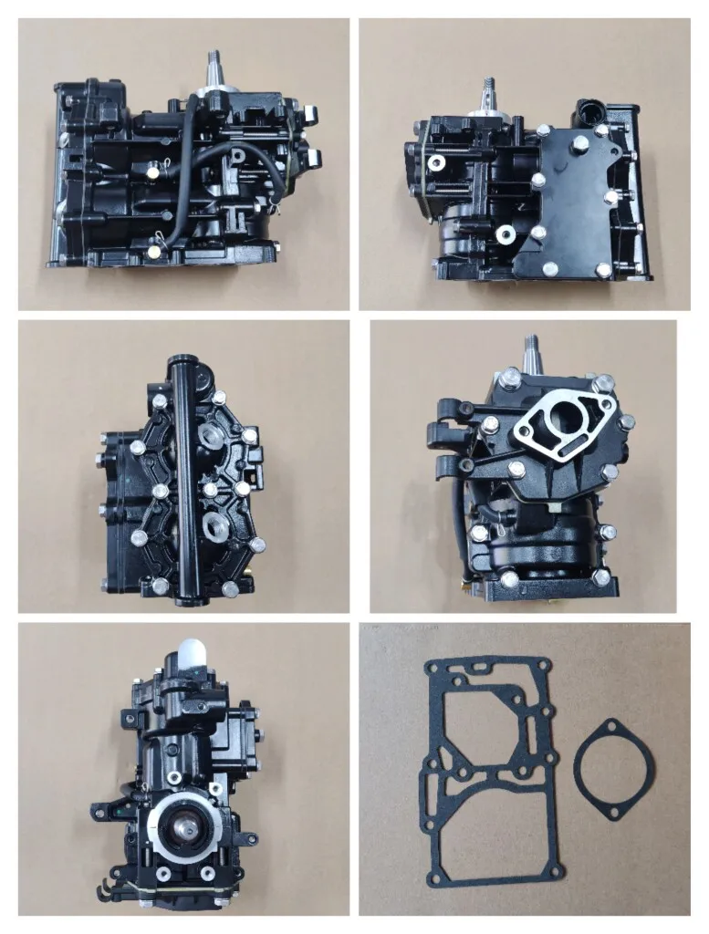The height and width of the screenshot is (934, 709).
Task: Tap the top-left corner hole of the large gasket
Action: (x=431, y=671)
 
